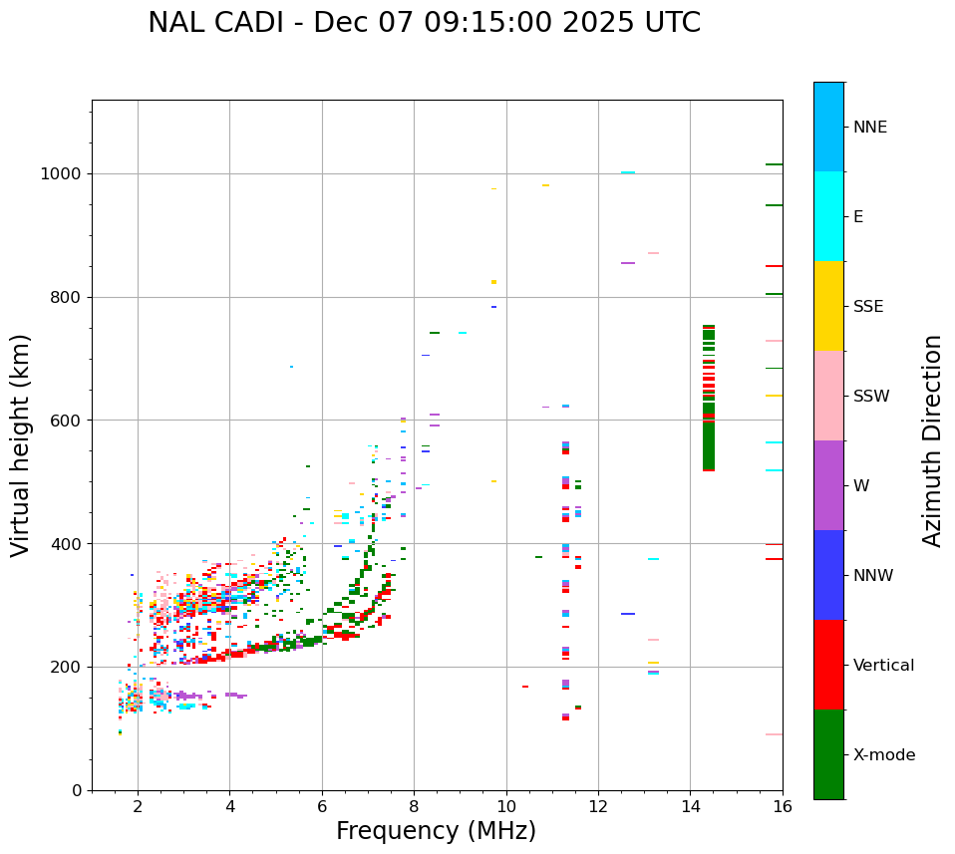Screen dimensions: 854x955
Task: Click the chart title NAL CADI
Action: [424, 23]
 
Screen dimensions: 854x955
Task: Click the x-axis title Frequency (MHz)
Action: [436, 831]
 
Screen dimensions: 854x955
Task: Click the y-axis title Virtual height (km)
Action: [21, 445]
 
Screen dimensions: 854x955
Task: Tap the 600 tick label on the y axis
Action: [68, 421]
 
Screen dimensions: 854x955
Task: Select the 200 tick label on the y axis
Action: [68, 667]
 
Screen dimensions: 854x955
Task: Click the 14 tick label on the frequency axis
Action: [690, 806]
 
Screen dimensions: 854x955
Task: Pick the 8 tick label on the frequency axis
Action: [414, 806]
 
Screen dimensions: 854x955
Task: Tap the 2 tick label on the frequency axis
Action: [138, 806]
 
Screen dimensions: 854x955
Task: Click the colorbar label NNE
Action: [869, 128]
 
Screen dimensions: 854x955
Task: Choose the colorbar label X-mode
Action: [883, 755]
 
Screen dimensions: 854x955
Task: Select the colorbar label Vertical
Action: [883, 666]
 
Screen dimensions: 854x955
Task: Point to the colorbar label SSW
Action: [871, 397]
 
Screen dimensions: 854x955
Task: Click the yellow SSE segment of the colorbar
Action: [828, 306]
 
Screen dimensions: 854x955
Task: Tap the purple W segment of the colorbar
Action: [828, 485]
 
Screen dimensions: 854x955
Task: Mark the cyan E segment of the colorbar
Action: [828, 216]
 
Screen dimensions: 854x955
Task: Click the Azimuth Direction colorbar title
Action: [933, 440]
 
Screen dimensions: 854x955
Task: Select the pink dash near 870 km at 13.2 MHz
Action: [653, 253]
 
